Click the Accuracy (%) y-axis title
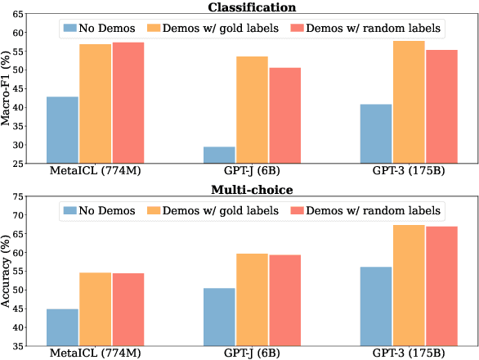(x=7, y=271)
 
